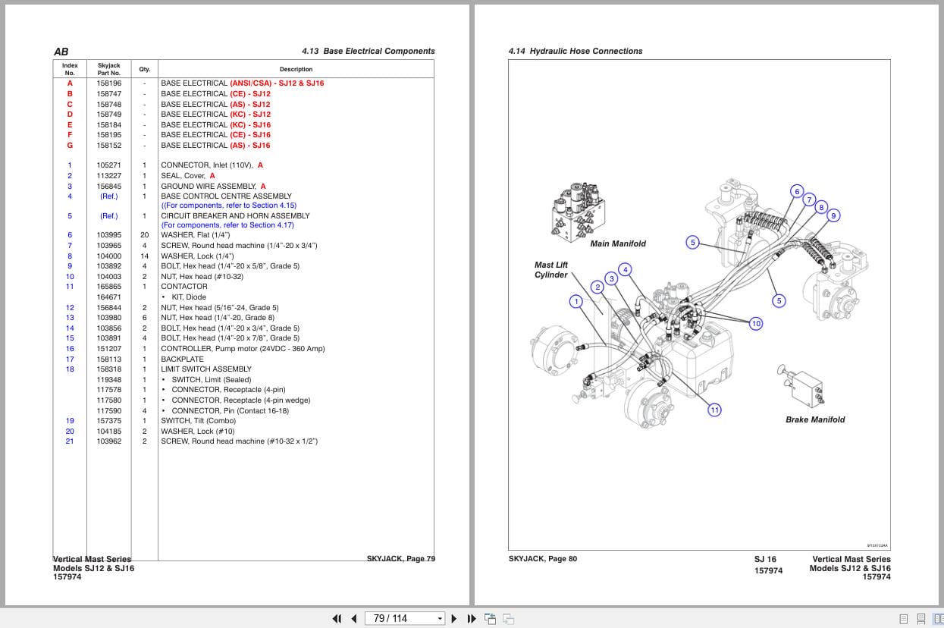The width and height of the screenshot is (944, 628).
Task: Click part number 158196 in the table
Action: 108,83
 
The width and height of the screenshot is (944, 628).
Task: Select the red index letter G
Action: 70,146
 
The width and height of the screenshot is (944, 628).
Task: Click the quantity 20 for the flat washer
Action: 145,235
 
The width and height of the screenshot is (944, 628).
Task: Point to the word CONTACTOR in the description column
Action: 184,287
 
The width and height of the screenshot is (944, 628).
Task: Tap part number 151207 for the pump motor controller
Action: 108,349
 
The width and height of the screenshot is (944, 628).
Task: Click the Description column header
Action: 296,69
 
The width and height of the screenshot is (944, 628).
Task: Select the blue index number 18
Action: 70,369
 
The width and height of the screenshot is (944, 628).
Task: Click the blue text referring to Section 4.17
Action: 227,225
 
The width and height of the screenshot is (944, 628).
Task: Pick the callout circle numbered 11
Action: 714,410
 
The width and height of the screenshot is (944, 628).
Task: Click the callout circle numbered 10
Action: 756,324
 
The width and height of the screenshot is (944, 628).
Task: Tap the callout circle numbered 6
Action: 797,191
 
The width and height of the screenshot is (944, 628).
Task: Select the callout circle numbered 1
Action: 576,301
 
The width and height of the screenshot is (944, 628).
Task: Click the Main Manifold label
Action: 618,243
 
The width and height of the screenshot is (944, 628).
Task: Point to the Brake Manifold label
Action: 815,419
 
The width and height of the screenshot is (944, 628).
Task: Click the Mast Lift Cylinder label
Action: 551,270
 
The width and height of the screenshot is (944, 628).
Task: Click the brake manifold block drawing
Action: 801,386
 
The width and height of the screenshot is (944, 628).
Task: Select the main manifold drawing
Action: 579,212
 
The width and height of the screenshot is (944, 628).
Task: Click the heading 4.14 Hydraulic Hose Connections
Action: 575,52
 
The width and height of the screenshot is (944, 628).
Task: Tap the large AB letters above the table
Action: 61,52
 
